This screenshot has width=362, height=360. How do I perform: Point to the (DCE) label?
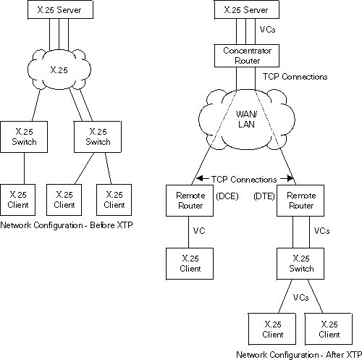pos(223,196)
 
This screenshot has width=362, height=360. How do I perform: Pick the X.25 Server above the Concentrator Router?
pos(242,11)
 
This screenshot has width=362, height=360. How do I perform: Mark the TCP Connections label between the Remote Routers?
pos(244,179)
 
